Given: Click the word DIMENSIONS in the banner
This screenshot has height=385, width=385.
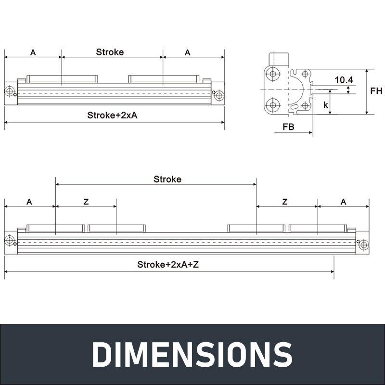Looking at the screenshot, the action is (x=192, y=354).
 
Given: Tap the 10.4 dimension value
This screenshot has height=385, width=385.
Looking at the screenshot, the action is (x=344, y=80).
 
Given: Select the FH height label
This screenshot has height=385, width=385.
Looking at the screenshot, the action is (x=376, y=91).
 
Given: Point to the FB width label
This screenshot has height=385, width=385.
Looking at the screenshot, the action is (x=288, y=127).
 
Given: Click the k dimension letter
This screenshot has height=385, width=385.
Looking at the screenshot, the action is (x=326, y=105).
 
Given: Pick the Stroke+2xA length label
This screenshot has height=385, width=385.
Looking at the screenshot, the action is (x=112, y=115).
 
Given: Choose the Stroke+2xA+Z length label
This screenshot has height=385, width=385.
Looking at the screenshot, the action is (x=168, y=264).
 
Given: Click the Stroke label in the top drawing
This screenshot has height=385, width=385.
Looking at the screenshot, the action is (x=110, y=52).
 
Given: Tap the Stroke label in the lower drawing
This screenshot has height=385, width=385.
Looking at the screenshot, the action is (x=167, y=179).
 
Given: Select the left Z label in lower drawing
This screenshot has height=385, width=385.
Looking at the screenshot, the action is (x=86, y=202).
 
